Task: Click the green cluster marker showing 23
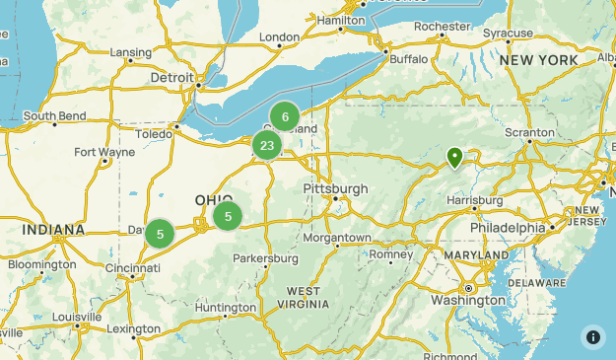pos(266,146)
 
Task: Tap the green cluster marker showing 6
pos(285,116)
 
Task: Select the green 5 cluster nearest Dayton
pos(160,234)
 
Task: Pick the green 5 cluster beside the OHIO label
pos(228,216)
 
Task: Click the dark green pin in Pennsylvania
pos(454,157)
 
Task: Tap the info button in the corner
pos(592,336)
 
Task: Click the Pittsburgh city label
pos(335,188)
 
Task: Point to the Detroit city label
pos(173,77)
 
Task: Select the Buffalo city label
pos(409,59)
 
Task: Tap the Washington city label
pos(468,300)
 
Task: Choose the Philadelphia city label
pos(507,227)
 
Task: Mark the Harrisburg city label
pos(474,200)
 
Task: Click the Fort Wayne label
pos(103,152)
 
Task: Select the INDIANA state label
pos(54,230)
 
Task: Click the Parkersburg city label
pos(265,258)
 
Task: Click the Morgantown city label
pos(336,238)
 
